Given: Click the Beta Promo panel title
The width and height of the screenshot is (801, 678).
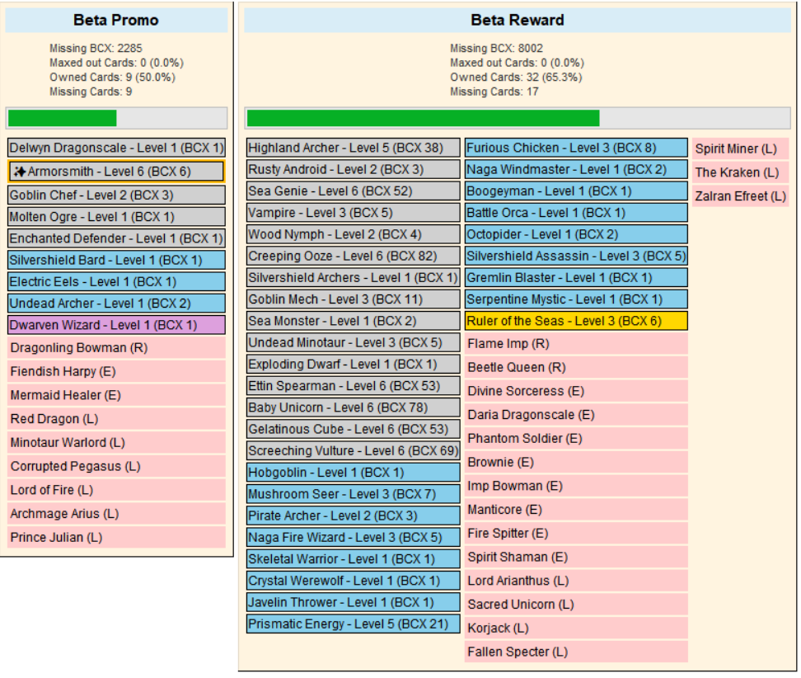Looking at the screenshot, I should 115,20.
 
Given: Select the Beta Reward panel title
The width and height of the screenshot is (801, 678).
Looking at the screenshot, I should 518,20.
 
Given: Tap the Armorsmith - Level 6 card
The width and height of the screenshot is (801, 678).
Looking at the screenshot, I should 116,172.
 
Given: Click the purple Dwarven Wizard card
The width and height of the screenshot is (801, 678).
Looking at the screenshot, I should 116,325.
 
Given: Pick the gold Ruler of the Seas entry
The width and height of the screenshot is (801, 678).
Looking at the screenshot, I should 575,321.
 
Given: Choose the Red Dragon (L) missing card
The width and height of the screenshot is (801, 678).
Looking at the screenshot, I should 116,419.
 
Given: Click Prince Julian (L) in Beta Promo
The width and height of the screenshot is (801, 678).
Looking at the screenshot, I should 116,538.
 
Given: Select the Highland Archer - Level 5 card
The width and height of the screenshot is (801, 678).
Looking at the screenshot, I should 354,148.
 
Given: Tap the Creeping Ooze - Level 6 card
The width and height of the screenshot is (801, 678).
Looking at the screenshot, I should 354,257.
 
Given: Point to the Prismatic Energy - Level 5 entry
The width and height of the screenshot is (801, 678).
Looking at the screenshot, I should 354,624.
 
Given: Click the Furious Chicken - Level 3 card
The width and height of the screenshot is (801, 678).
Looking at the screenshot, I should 575,148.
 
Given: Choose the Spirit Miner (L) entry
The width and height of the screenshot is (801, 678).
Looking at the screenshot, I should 740,149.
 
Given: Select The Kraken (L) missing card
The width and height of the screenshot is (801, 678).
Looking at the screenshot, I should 740,172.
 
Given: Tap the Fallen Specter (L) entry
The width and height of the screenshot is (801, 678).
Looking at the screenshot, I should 575,652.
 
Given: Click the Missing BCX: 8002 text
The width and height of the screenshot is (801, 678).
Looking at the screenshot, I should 496,49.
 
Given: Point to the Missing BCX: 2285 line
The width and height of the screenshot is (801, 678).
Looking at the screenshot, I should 96,49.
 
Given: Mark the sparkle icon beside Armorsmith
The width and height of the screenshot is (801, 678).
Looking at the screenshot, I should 20,172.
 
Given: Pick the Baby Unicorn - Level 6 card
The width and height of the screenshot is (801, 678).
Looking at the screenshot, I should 354,407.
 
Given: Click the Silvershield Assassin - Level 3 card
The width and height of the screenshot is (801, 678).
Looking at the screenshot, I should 575,257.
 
